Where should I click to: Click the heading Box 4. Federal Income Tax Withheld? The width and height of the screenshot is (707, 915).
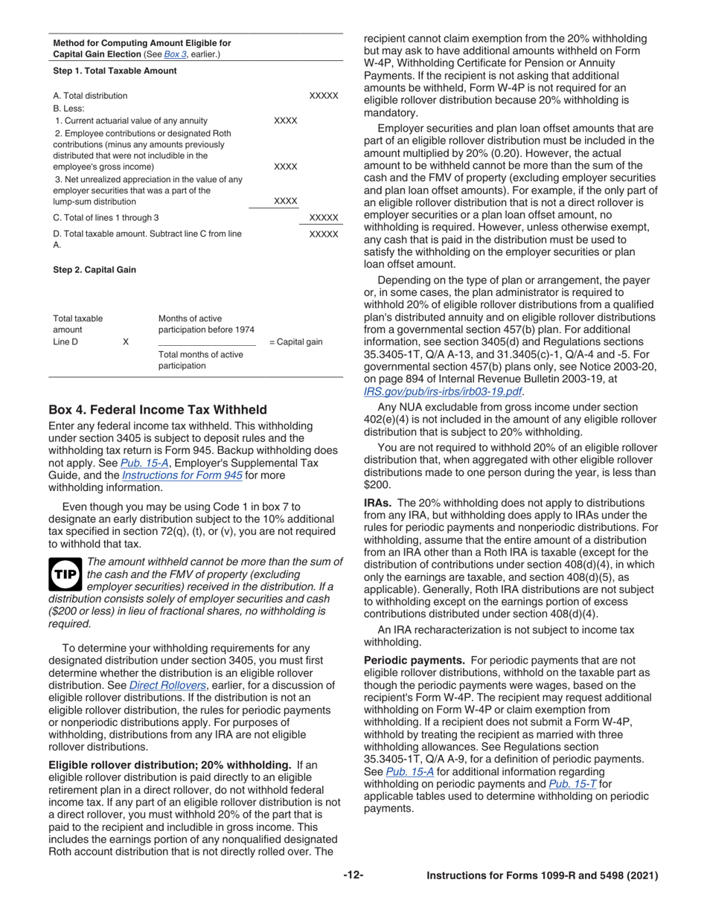(157, 410)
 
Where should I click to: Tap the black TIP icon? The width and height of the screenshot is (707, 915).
(64, 574)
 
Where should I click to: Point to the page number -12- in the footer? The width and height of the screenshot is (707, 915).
(353, 876)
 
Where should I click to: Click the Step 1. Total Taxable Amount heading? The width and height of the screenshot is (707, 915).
(115, 71)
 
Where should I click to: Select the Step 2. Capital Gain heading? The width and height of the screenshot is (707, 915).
(95, 270)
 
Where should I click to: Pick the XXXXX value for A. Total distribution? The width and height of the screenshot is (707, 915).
(323, 96)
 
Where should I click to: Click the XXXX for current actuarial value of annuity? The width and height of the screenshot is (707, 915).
(286, 121)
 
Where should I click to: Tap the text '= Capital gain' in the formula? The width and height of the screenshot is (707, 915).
(295, 342)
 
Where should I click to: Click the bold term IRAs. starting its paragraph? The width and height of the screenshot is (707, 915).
(380, 503)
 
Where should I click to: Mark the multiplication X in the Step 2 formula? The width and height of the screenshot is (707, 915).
(125, 341)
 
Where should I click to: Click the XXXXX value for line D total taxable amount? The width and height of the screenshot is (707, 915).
(323, 234)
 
